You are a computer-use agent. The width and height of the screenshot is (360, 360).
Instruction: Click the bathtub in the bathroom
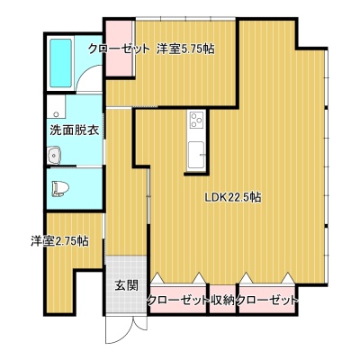coord(60,64)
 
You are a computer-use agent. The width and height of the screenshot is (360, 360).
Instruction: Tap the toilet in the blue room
coord(60,189)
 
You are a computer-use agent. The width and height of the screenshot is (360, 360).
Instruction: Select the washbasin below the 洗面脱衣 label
coord(54,156)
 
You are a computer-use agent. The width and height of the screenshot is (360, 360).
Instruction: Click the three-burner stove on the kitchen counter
coord(196,120)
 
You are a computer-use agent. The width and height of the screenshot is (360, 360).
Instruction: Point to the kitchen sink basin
coord(196,156)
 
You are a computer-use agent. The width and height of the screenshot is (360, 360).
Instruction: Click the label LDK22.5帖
coord(232,197)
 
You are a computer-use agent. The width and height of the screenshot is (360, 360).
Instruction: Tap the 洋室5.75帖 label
coord(185,49)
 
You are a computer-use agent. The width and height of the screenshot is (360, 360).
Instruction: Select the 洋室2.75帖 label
coord(59,240)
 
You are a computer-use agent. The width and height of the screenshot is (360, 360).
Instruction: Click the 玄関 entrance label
coord(127,285)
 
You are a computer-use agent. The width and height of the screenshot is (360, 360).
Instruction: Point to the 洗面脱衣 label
coord(75,130)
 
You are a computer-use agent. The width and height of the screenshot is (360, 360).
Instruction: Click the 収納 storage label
coord(222,300)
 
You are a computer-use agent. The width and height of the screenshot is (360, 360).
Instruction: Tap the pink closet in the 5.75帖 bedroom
coord(120,48)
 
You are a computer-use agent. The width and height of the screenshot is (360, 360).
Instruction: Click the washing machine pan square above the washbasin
coord(56,107)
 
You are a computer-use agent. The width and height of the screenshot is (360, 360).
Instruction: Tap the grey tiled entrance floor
coord(126,284)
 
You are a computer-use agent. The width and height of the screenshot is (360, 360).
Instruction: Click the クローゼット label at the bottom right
coord(266,300)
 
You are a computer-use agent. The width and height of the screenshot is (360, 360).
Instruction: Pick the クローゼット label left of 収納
coord(178,300)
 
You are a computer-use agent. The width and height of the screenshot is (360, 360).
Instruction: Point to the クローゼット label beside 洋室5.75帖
coord(119,49)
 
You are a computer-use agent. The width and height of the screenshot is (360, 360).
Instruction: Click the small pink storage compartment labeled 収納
coord(222,299)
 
